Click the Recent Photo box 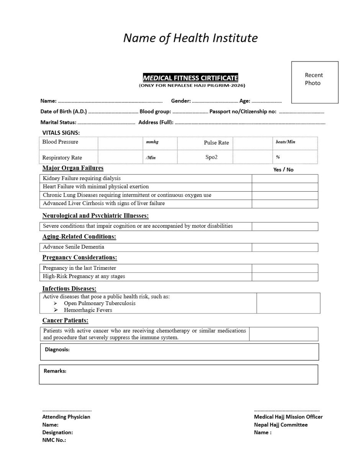[314, 82]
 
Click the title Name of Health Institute [190, 38]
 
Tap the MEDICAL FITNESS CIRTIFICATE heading [190, 78]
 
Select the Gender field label [181, 101]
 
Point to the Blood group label [155, 112]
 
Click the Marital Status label [58, 122]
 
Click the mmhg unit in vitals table [152, 142]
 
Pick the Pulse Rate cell [216, 143]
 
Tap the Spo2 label [211, 157]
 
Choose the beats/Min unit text [285, 142]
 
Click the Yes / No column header [283, 169]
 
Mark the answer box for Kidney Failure [285, 178]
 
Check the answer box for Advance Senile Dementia [285, 247]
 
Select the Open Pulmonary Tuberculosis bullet [99, 303]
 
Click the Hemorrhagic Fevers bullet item [88, 310]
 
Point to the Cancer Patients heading [65, 320]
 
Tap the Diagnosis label [57, 349]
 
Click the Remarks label [55, 371]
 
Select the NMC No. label [54, 440]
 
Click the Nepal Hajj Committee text [281, 425]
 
